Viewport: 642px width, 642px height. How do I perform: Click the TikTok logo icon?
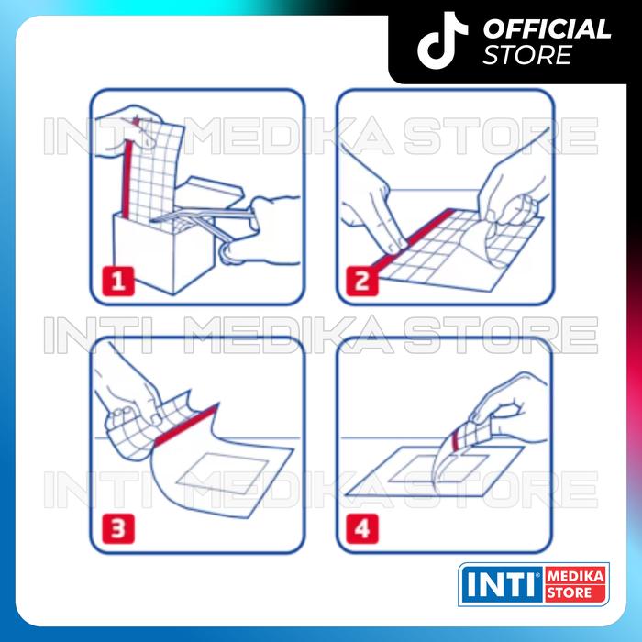click(x=441, y=39)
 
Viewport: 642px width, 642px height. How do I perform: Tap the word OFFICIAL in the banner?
click(x=547, y=29)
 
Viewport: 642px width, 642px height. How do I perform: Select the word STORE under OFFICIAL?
click(x=527, y=55)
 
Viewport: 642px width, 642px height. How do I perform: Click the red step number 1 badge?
click(x=118, y=281)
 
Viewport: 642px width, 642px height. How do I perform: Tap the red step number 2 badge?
click(x=361, y=281)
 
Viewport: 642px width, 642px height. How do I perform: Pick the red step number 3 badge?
click(x=118, y=528)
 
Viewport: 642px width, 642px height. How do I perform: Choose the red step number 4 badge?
click(x=361, y=528)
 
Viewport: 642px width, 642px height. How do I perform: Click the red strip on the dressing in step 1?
click(x=127, y=180)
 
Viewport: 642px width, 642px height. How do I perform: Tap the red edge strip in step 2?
click(x=414, y=241)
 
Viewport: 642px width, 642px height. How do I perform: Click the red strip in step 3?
click(x=187, y=424)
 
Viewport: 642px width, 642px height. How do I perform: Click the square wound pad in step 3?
click(x=223, y=473)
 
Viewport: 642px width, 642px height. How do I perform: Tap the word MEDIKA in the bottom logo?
click(x=575, y=577)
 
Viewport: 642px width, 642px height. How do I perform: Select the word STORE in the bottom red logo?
click(x=570, y=592)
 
